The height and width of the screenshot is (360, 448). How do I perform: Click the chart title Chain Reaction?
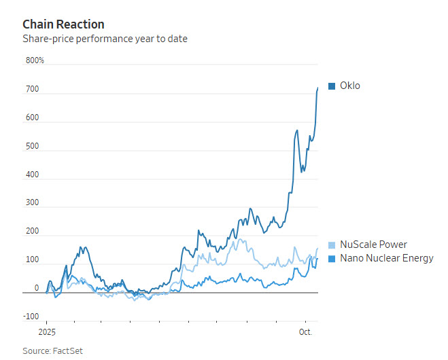click(x=63, y=24)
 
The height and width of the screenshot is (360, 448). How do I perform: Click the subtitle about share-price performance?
click(x=105, y=39)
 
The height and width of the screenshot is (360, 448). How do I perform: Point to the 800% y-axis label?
click(x=35, y=60)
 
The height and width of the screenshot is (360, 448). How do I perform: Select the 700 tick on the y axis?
click(x=32, y=90)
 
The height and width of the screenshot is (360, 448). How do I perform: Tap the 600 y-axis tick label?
click(x=32, y=118)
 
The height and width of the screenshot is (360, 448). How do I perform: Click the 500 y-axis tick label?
click(x=32, y=147)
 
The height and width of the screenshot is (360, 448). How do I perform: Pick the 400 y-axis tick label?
click(x=32, y=175)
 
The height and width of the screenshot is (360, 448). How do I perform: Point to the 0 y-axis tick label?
click(x=37, y=289)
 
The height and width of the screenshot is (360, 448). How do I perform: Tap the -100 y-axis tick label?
click(x=31, y=317)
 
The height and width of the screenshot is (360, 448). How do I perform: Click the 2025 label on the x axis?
click(x=46, y=333)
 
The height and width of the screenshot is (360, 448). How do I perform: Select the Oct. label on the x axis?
click(x=306, y=333)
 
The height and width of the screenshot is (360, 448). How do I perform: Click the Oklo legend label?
click(x=349, y=86)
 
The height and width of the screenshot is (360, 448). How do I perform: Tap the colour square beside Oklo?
click(x=332, y=86)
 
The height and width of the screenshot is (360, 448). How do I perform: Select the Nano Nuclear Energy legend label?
click(x=385, y=258)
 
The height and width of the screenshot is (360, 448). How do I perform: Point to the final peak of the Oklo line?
click(x=317, y=88)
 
